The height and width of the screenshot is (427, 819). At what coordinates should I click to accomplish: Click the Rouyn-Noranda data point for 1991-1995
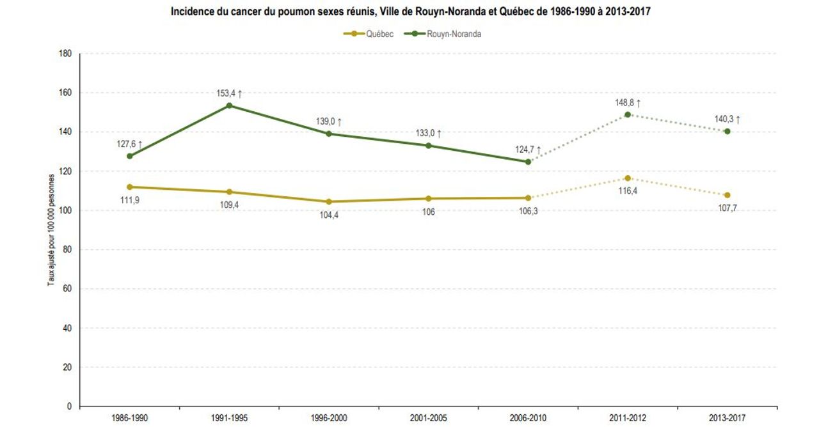pyautogui.click(x=229, y=105)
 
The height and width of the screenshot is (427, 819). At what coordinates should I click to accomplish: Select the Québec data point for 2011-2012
pyautogui.click(x=628, y=178)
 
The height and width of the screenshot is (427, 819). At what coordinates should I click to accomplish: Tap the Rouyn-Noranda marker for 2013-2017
pyautogui.click(x=728, y=131)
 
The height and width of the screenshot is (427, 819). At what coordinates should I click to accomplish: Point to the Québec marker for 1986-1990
pyautogui.click(x=130, y=187)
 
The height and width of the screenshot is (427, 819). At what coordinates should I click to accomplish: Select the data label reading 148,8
pyautogui.click(x=625, y=102)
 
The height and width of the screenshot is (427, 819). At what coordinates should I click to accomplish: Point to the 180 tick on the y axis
pyautogui.click(x=65, y=54)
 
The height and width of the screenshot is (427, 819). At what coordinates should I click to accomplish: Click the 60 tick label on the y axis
pyautogui.click(x=67, y=289)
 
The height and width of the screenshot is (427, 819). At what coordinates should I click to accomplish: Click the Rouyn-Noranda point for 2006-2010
pyautogui.click(x=528, y=162)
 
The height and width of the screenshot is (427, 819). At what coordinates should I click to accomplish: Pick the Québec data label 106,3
pyautogui.click(x=528, y=211)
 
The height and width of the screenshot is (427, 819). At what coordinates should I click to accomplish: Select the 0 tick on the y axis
pyautogui.click(x=68, y=407)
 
